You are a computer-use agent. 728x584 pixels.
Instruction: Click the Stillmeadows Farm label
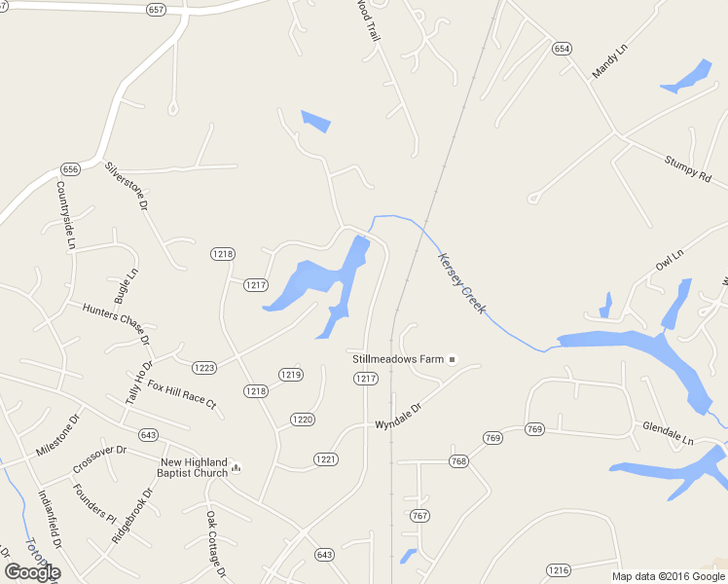[397, 359]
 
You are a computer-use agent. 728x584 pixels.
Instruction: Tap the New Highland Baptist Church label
[194, 467]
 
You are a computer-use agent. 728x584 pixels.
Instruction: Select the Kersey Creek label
[461, 284]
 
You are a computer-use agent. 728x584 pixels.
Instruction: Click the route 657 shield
[157, 9]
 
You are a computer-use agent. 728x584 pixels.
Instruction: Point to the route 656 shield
[69, 168]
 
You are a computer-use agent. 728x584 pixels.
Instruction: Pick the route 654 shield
[562, 48]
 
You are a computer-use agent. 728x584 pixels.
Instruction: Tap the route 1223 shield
[204, 368]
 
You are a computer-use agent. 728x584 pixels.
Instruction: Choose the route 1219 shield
[290, 374]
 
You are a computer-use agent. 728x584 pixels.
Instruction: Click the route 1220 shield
[302, 420]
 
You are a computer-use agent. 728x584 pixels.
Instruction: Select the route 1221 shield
[325, 458]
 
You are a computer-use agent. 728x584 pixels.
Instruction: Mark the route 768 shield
[458, 461]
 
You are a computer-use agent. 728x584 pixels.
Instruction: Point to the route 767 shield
[419, 515]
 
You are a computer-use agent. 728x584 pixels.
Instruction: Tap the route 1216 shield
[558, 569]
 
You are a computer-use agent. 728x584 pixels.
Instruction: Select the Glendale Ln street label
[667, 434]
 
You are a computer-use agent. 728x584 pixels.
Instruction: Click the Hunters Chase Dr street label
[116, 323]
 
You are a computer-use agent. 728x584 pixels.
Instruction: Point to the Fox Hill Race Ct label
[181, 394]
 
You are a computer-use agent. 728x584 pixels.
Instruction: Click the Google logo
[32, 571]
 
